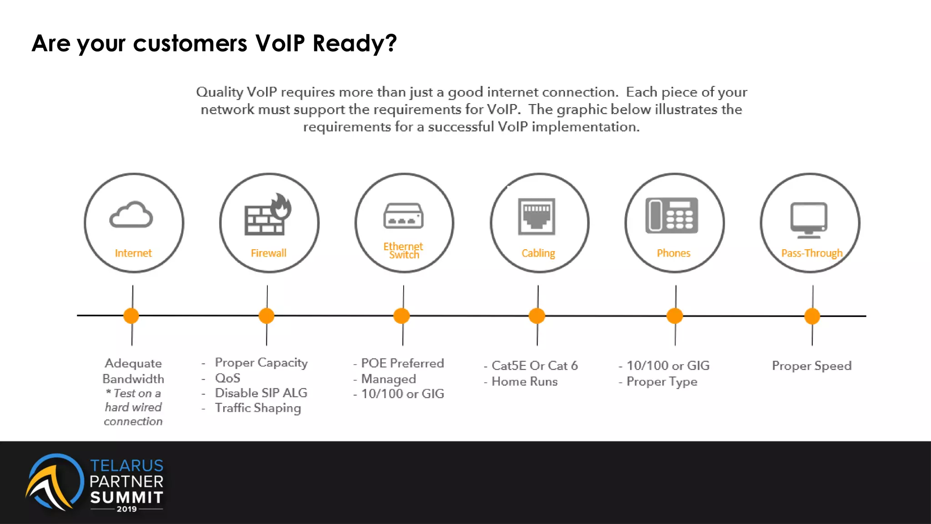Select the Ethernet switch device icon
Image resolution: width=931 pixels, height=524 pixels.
coord(403,216)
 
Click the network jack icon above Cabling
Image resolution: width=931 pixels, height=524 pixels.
coord(537,217)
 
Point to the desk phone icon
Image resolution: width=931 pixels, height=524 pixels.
coord(672,216)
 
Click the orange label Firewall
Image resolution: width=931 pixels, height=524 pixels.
coord(269,253)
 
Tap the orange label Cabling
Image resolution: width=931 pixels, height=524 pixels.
coord(538,253)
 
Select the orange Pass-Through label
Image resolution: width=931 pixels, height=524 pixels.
coord(811,253)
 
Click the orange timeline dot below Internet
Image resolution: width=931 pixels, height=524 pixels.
coord(131,316)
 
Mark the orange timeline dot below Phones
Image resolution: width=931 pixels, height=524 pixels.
coord(675,316)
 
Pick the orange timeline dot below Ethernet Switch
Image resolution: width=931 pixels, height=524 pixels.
coord(401,316)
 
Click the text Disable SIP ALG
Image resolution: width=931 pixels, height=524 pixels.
coord(261,393)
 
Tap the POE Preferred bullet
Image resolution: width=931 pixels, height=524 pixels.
coord(402,363)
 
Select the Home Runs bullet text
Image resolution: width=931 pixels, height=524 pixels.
coord(525,382)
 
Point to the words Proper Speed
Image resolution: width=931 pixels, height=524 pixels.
coord(811,366)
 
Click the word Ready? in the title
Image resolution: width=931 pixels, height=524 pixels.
coord(355,44)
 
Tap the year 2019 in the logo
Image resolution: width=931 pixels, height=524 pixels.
coord(126,509)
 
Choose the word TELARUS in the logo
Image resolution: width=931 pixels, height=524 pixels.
coord(127,465)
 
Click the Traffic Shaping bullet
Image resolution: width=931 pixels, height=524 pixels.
coord(258,408)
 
